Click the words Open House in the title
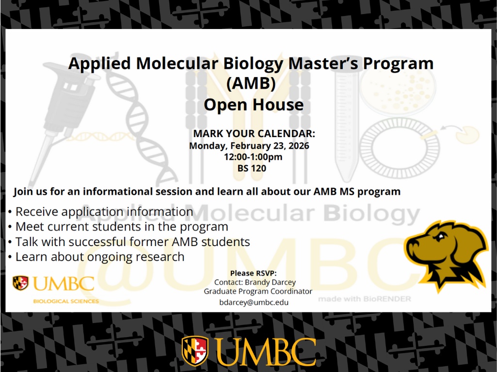pyautogui.click(x=254, y=105)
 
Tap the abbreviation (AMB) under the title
pyautogui.click(x=251, y=83)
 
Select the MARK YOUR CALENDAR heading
pyautogui.click(x=254, y=134)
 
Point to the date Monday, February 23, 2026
pyautogui.click(x=249, y=145)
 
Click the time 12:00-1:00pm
pyautogui.click(x=253, y=157)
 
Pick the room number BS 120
pyautogui.click(x=252, y=169)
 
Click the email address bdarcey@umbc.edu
pyautogui.click(x=254, y=302)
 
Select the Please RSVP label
pyautogui.click(x=254, y=273)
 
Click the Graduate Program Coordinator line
pyautogui.click(x=258, y=292)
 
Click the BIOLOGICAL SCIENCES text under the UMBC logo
pyautogui.click(x=66, y=301)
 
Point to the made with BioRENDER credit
pyautogui.click(x=364, y=299)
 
